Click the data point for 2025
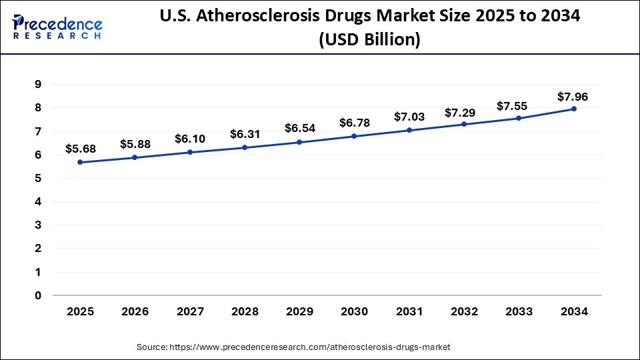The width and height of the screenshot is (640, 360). click(x=80, y=162)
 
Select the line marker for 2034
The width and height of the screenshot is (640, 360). click(x=574, y=109)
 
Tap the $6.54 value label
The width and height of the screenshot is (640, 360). click(x=300, y=127)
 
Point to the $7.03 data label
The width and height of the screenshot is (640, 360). click(x=409, y=117)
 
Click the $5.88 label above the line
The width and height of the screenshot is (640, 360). click(x=135, y=143)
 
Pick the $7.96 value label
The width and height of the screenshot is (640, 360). click(x=573, y=97)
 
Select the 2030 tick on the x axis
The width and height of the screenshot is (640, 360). click(x=355, y=311)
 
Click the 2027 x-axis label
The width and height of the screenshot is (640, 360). click(x=190, y=311)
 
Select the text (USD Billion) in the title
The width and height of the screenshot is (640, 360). click(x=369, y=40)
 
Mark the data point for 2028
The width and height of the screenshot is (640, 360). click(x=245, y=147)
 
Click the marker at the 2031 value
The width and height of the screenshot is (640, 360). click(x=409, y=130)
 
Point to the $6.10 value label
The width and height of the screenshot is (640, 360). click(x=190, y=139)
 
